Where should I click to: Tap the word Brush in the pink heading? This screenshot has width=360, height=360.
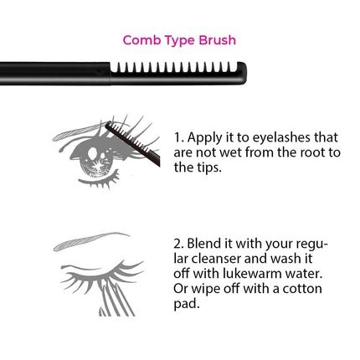217,39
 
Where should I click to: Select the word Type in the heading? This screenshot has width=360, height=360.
179,39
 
